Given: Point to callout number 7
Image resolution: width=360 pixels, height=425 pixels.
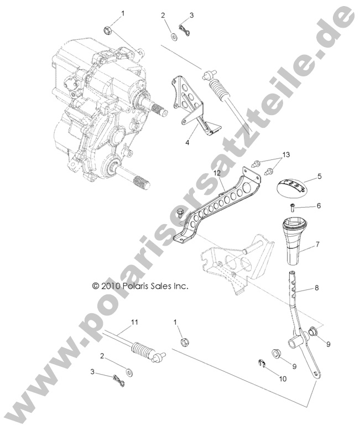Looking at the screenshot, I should pos(317,243).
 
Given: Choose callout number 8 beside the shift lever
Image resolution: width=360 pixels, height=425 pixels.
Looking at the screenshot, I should pos(317,288).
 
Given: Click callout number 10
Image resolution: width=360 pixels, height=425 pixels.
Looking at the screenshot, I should pos(284,380).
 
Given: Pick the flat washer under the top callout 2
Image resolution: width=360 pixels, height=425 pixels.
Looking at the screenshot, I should pos(174,37).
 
